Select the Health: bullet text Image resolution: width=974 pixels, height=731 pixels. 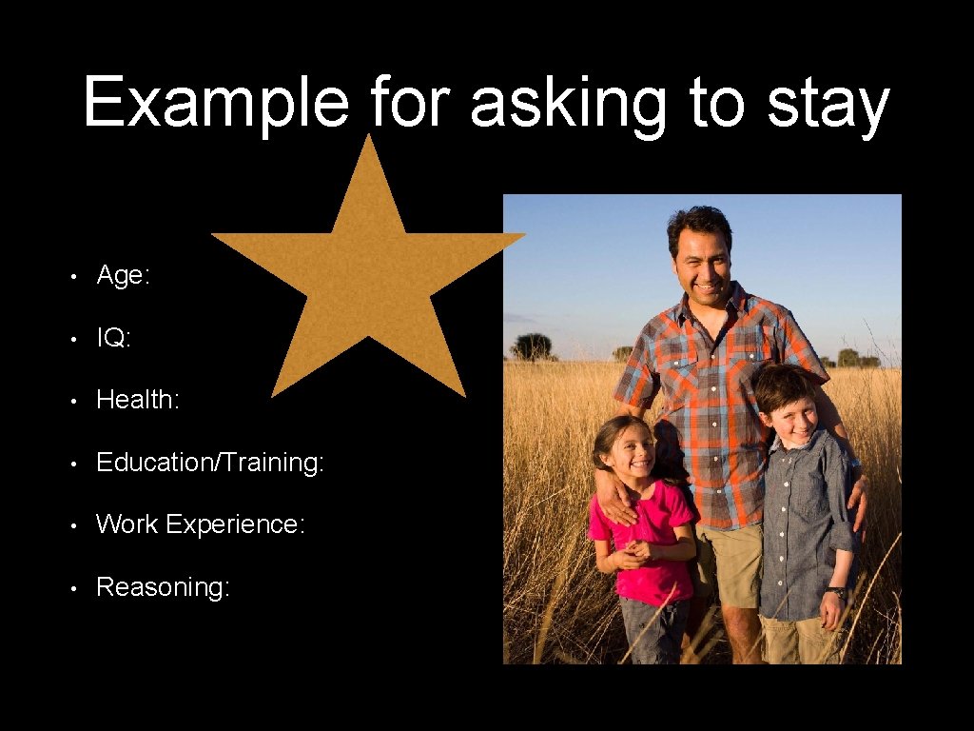pyautogui.click(x=138, y=400)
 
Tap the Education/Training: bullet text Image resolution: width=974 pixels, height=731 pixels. pyautogui.click(x=210, y=463)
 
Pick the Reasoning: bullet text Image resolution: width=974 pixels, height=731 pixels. pyautogui.click(x=163, y=587)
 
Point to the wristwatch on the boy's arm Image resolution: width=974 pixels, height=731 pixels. pyautogui.click(x=837, y=593)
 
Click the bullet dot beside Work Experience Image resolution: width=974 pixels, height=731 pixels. pyautogui.click(x=74, y=525)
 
